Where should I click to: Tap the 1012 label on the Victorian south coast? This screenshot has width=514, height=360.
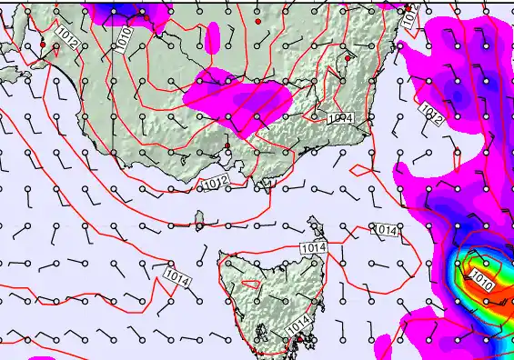[211, 184]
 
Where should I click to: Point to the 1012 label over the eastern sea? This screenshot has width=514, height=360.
[431, 112]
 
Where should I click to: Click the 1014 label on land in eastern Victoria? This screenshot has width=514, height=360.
[339, 118]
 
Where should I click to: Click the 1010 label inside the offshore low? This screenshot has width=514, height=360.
[482, 282]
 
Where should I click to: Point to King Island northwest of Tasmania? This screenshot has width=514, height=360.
[198, 220]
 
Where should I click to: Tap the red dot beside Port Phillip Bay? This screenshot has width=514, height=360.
[227, 145]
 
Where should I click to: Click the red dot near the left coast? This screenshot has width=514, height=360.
[42, 44]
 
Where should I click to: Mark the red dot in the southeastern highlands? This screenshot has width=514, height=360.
[348, 58]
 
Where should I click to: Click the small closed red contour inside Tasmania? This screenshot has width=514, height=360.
[250, 284]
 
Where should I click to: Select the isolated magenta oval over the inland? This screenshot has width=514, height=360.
[213, 37]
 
